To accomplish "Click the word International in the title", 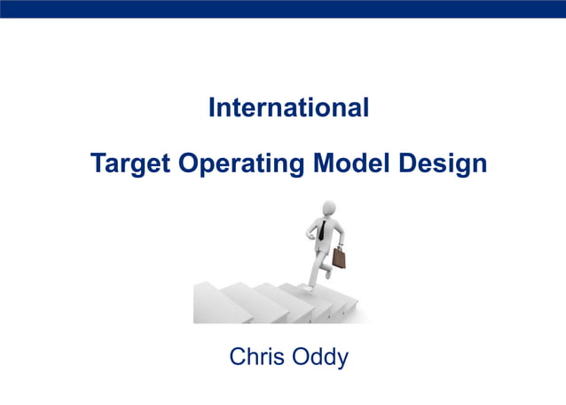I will tap(288, 108).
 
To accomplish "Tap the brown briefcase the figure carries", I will tap(339, 258).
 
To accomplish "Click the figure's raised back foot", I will tap(327, 273).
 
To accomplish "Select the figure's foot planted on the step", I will tap(308, 287).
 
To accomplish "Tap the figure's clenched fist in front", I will tap(311, 237).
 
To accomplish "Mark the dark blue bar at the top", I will tap(283, 9).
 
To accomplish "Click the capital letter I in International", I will tap(211, 108).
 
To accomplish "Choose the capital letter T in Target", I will tap(98, 164).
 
